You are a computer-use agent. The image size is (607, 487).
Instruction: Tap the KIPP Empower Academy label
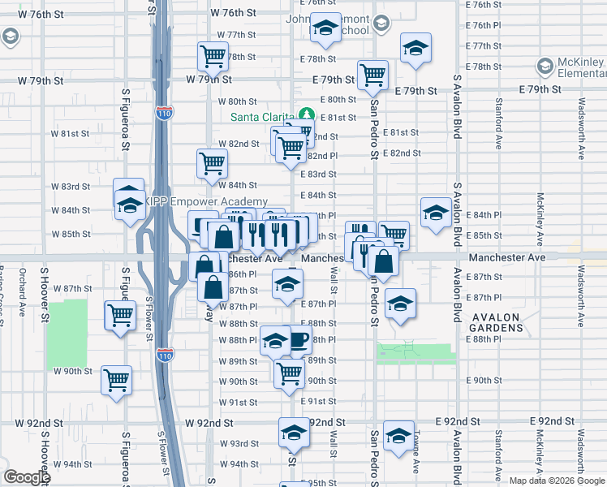point(206,201)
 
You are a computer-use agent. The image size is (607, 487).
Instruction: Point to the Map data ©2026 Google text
point(556,481)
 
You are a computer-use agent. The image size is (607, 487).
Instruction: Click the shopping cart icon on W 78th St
point(213,57)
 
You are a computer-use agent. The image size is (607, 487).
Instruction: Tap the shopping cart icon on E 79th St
point(372,75)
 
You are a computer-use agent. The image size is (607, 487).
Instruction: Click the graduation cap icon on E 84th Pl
point(436,213)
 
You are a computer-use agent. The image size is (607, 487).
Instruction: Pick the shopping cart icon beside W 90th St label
point(116,379)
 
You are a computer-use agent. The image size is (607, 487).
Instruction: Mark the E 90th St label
point(483,380)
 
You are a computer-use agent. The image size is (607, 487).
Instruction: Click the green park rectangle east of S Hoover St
point(67,333)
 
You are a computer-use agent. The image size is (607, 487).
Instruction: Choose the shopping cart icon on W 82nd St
point(212,163)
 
